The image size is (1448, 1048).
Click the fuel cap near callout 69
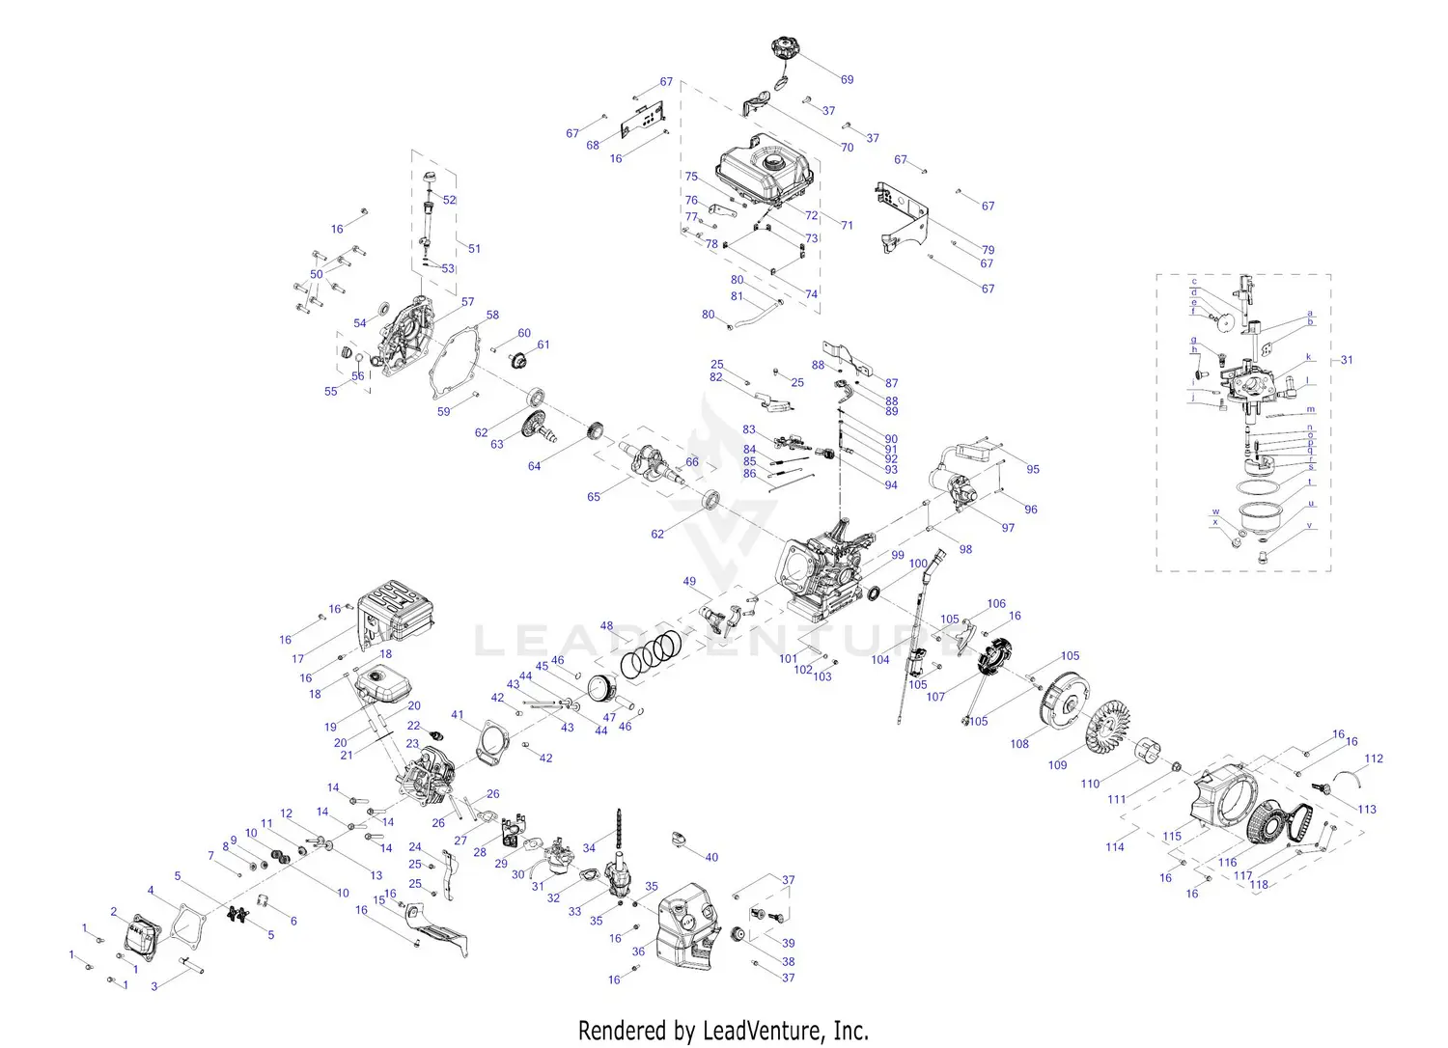(787, 48)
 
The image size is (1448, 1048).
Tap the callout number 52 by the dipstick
(450, 201)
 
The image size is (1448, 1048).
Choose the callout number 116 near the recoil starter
(1227, 863)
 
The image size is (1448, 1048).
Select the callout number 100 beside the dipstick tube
(918, 564)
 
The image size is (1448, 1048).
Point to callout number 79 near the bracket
(988, 251)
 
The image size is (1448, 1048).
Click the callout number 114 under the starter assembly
(1115, 847)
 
